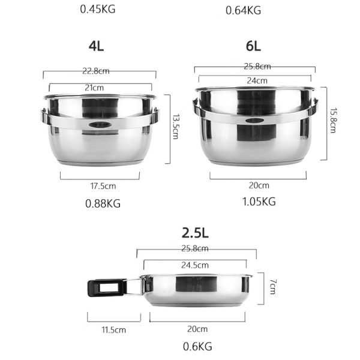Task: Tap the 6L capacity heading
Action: pos(254,47)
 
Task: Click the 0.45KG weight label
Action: pos(110,9)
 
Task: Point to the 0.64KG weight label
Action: pos(243,10)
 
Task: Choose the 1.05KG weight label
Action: pos(259,202)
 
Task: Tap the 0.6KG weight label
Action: pos(197,346)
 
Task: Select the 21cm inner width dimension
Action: pos(100,88)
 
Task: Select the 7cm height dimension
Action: pos(271,288)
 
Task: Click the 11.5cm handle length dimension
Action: pos(113,329)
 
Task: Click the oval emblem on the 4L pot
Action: pos(100,125)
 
